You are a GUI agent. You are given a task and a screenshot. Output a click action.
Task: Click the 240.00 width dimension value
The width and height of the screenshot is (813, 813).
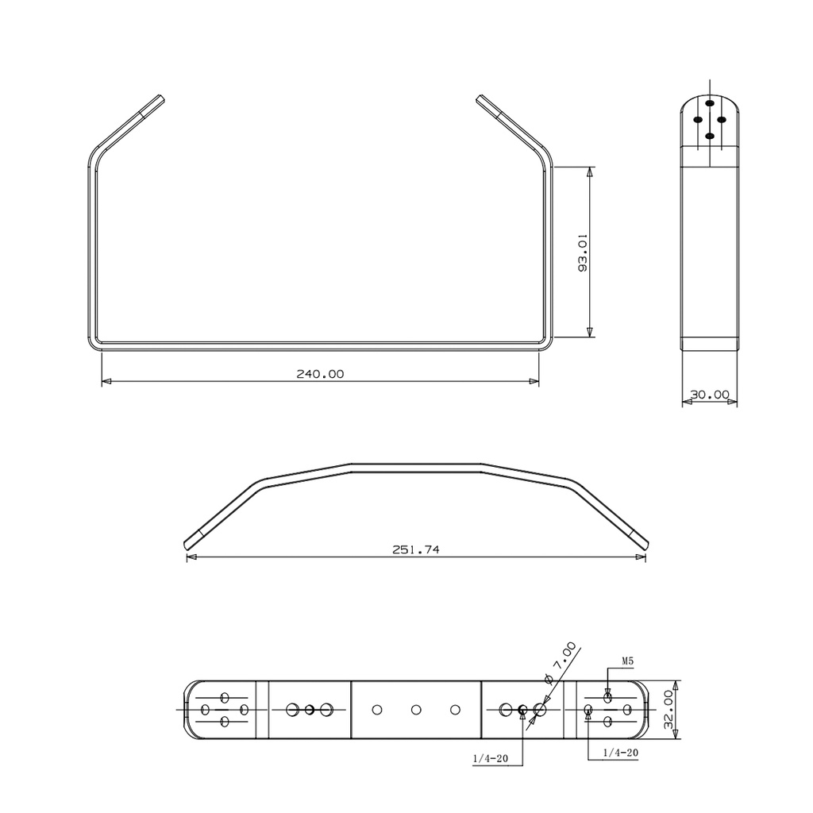(x=320, y=374)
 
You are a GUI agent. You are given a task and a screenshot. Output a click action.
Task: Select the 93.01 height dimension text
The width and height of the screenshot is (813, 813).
(x=583, y=252)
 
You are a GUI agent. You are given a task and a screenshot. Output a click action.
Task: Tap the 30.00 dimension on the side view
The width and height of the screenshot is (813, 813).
(x=710, y=395)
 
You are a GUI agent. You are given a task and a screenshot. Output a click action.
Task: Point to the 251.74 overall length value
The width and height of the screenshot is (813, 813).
(x=416, y=549)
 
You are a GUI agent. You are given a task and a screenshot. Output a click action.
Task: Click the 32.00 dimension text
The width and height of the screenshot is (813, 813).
(x=669, y=709)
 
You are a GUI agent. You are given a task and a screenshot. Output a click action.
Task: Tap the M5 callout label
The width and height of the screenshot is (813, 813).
(x=627, y=661)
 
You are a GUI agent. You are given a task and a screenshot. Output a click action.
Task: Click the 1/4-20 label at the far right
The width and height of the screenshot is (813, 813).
(x=621, y=753)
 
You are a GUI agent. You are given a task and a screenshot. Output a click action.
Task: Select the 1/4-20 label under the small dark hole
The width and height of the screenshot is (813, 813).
(x=491, y=758)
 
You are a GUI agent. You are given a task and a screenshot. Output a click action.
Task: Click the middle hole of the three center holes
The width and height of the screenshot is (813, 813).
(x=416, y=709)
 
